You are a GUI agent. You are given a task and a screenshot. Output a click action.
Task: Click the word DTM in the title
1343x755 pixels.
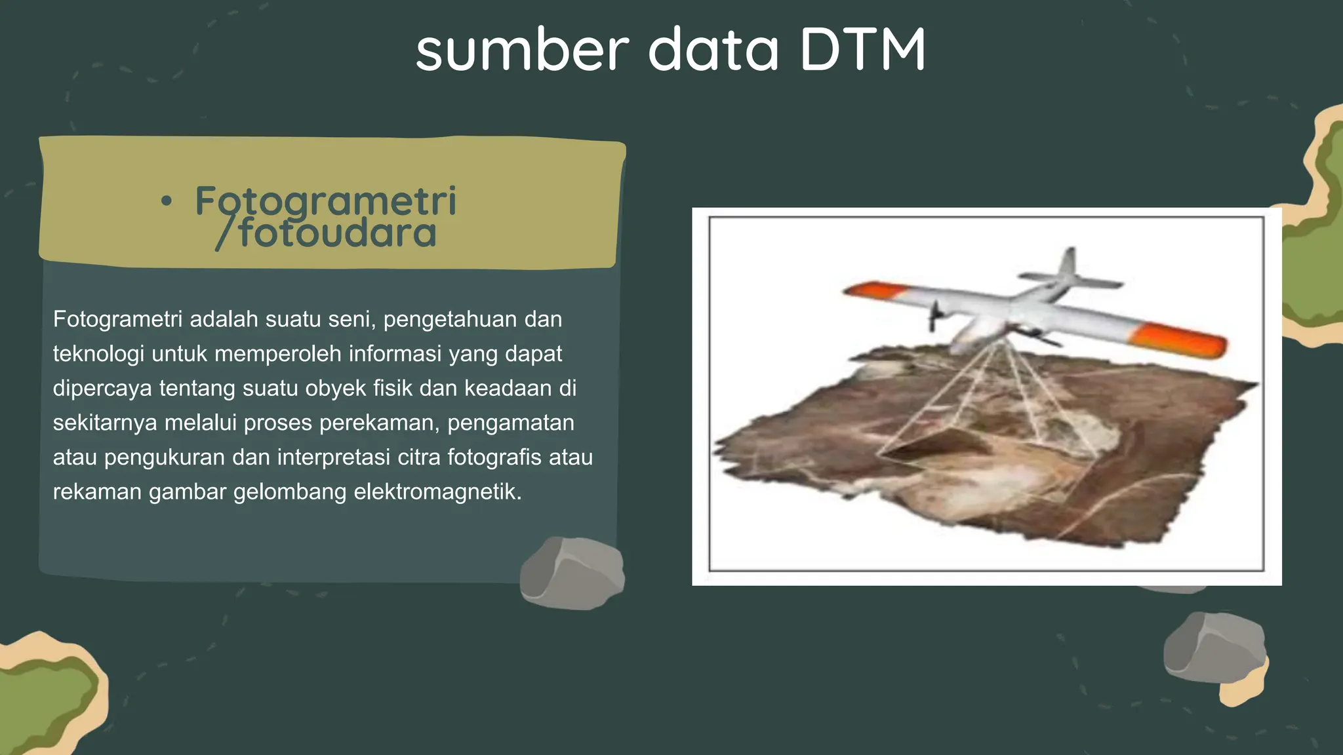(x=863, y=50)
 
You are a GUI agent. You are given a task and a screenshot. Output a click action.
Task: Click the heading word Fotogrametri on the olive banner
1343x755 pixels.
(x=325, y=201)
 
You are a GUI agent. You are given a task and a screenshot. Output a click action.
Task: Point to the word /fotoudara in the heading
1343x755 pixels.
(x=327, y=233)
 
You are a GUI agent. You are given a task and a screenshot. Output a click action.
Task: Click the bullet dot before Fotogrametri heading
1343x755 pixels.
(x=167, y=202)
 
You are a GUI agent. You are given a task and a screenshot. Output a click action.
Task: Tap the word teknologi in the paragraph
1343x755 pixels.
(x=98, y=354)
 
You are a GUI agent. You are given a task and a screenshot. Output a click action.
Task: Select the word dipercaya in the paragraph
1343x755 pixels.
(x=102, y=388)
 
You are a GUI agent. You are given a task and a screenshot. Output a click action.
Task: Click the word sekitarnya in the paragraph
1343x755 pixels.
(x=105, y=423)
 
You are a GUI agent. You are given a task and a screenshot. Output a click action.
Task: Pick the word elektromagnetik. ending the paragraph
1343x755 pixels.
(x=437, y=492)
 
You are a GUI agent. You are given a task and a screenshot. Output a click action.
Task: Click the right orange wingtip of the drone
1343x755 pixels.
(x=1180, y=339)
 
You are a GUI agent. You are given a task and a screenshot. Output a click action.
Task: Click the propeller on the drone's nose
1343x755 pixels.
(x=934, y=315)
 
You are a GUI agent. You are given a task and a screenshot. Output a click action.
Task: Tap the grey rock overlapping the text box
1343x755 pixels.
(x=571, y=573)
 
